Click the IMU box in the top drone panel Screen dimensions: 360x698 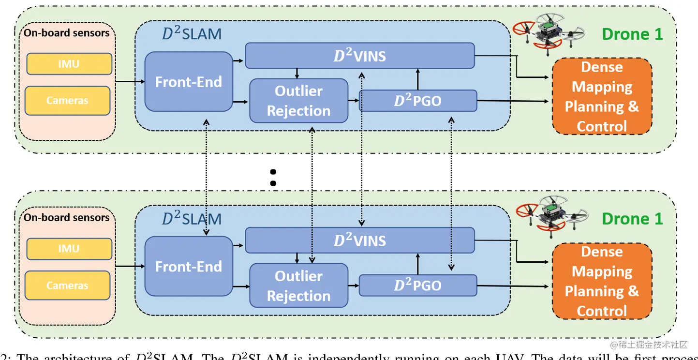pos(69,64)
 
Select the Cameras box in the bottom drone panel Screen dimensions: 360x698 pos(67,285)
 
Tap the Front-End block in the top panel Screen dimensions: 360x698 pos(188,82)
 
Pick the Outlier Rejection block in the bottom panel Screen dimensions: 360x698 pos(298,285)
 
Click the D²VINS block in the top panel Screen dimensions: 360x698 pos(360,56)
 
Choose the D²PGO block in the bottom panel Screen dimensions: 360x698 pos(417,285)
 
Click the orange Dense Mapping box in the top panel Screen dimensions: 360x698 pos(602,96)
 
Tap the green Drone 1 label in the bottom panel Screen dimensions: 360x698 pos(632,219)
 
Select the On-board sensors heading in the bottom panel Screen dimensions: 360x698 pos(67,218)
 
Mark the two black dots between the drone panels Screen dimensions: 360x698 pos(273,178)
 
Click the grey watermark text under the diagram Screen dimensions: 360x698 pos(648,345)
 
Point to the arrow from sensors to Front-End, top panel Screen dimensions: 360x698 pos(130,81)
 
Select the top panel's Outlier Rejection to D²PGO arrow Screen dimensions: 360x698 pos(354,101)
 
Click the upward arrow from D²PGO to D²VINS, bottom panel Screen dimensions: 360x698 pos(417,264)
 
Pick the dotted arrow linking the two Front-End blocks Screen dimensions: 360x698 pos(207,174)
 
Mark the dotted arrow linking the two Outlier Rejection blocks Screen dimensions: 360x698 pos(312,194)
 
